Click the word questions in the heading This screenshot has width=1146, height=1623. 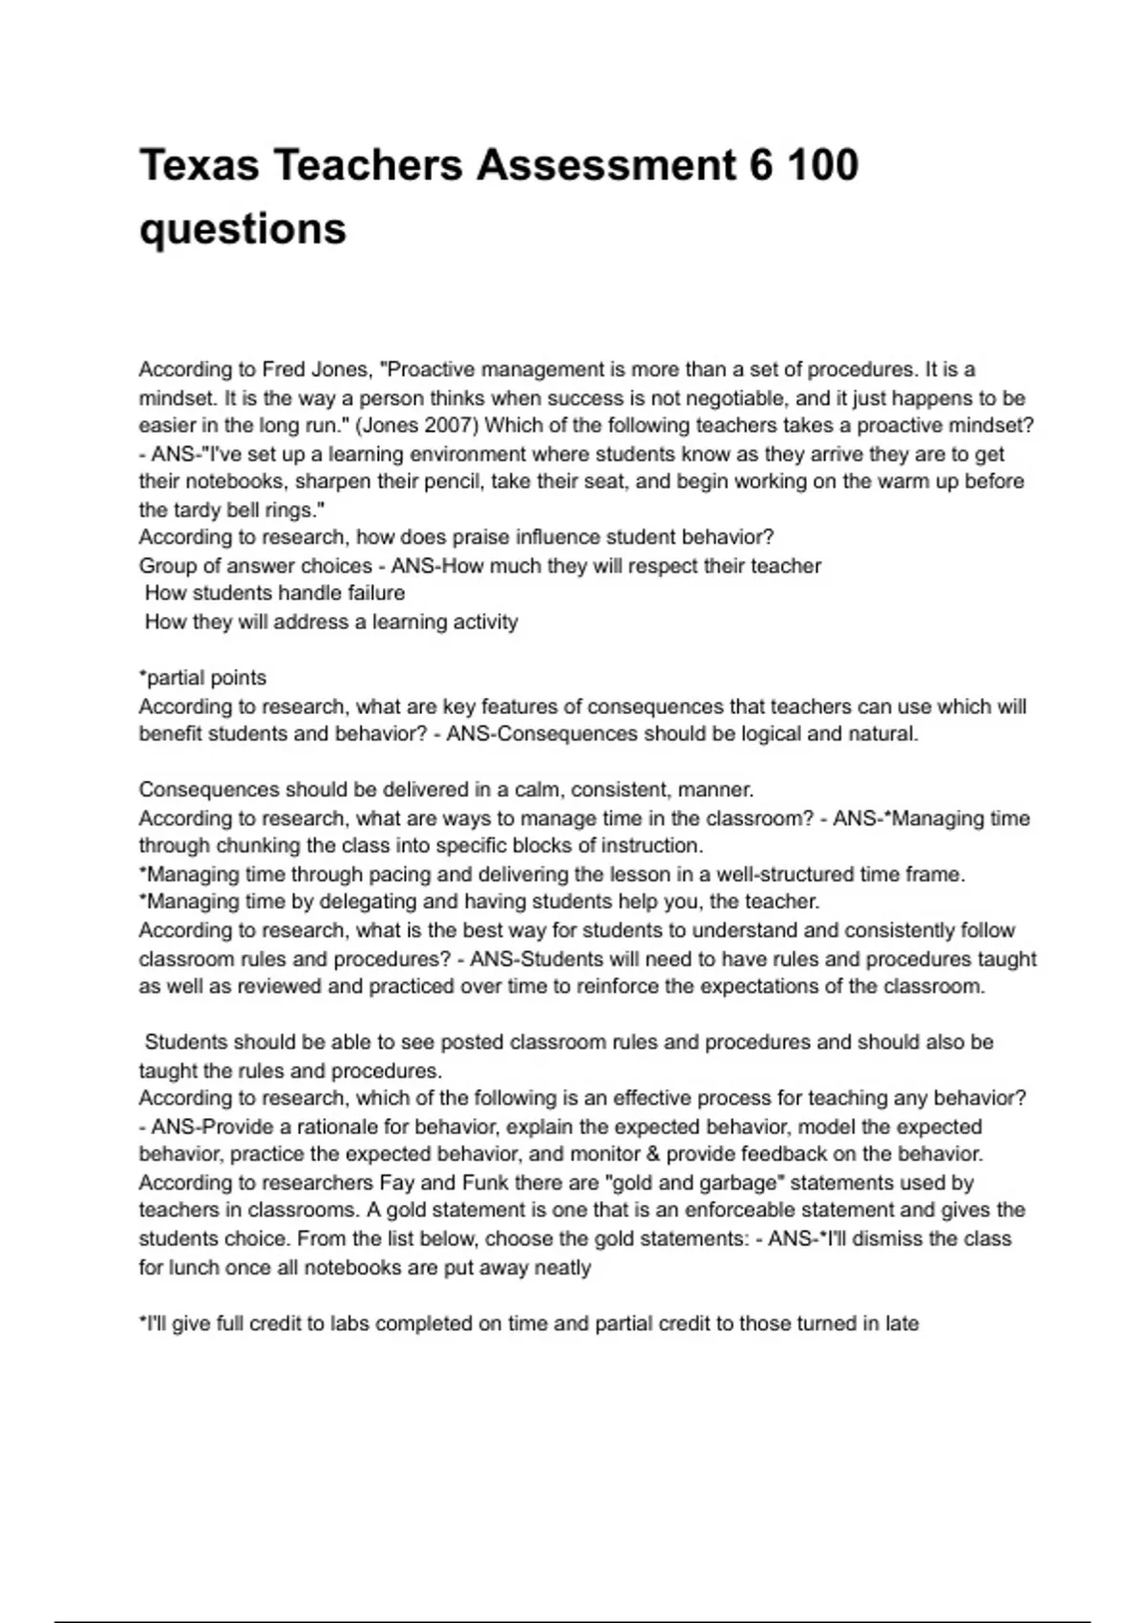243,229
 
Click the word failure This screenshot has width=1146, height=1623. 375,593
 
